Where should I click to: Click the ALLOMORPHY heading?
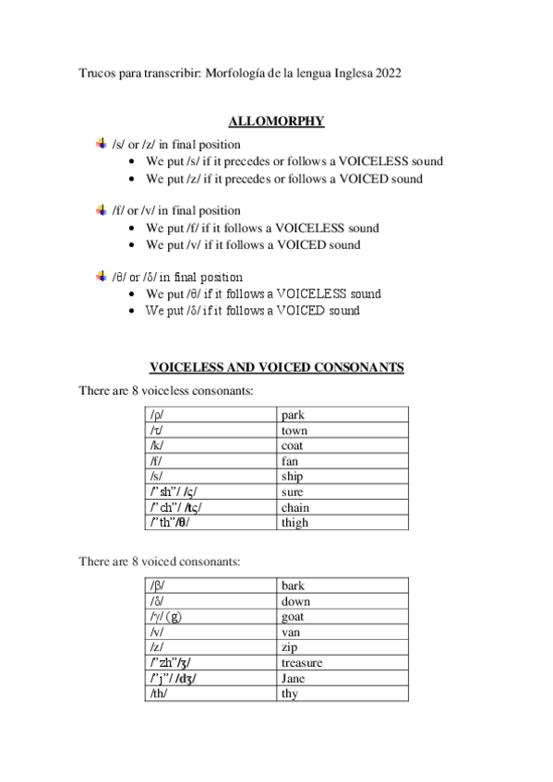pyautogui.click(x=276, y=121)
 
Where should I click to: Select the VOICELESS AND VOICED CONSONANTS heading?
pyautogui.click(x=276, y=367)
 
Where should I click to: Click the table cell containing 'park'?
pyautogui.click(x=343, y=416)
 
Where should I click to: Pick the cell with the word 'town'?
pyautogui.click(x=343, y=431)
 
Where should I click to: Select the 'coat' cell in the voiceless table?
pyautogui.click(x=343, y=446)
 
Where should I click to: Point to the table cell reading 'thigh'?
pyautogui.click(x=343, y=523)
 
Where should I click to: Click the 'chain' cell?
pyautogui.click(x=343, y=507)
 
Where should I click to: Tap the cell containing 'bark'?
pyautogui.click(x=343, y=586)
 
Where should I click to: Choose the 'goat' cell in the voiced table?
pyautogui.click(x=343, y=617)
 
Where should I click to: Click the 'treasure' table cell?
pyautogui.click(x=343, y=663)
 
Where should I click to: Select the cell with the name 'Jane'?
pyautogui.click(x=343, y=679)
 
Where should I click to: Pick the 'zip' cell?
pyautogui.click(x=343, y=647)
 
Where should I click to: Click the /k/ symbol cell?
pyautogui.click(x=210, y=446)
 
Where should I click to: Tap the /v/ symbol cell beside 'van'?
pyautogui.click(x=210, y=633)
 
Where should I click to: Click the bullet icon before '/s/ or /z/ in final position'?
pyautogui.click(x=102, y=144)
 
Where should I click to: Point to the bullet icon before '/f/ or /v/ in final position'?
pyautogui.click(x=102, y=210)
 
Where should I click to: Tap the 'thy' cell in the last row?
pyautogui.click(x=343, y=693)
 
